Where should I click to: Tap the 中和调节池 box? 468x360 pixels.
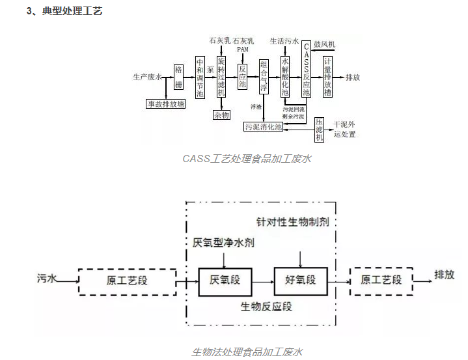click(x=200, y=77)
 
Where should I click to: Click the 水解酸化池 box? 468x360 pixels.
click(x=284, y=77)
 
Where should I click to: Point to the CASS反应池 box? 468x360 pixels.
click(x=307, y=69)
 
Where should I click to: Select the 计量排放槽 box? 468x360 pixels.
click(x=328, y=77)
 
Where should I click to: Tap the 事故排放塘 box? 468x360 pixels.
click(x=165, y=104)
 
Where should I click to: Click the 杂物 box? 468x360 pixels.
click(x=221, y=115)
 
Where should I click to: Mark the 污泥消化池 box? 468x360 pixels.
click(x=264, y=127)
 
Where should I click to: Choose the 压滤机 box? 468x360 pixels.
click(x=319, y=128)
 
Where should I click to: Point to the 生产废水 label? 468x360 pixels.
click(x=146, y=77)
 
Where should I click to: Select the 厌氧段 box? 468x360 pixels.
click(x=225, y=281)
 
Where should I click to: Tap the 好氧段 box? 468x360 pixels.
click(x=300, y=281)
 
